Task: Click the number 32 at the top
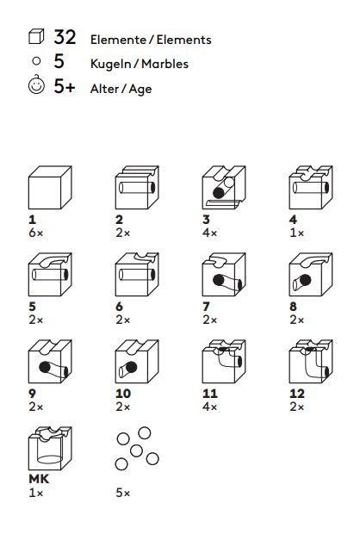pyautogui.click(x=65, y=37)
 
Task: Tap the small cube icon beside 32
pyautogui.click(x=36, y=37)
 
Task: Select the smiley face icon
pyautogui.click(x=36, y=85)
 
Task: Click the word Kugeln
pyautogui.click(x=111, y=65)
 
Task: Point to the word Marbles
pyautogui.click(x=165, y=64)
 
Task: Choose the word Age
pyautogui.click(x=140, y=90)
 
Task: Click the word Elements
pyautogui.click(x=184, y=40)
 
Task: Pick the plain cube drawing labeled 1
pyautogui.click(x=50, y=188)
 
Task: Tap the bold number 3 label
pyautogui.click(x=207, y=220)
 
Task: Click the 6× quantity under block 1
pyautogui.click(x=36, y=233)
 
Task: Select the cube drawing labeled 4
pyautogui.click(x=311, y=187)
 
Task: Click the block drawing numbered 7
pyautogui.click(x=224, y=275)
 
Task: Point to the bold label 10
pyautogui.click(x=123, y=394)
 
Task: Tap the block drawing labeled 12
pyautogui.click(x=311, y=362)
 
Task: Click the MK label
pyautogui.click(x=39, y=479)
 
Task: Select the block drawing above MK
pyautogui.click(x=50, y=448)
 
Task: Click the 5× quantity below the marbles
pyautogui.click(x=122, y=493)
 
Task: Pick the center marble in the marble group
pyautogui.click(x=136, y=450)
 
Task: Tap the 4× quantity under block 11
pyautogui.click(x=210, y=407)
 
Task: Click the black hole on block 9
pyautogui.click(x=45, y=367)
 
